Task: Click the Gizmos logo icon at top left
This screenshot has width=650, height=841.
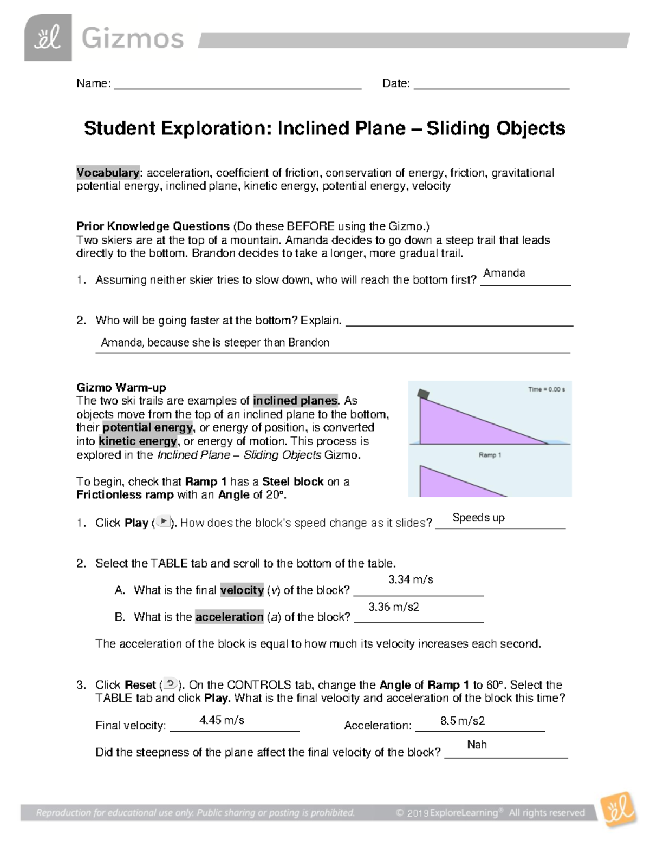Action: [x=48, y=37]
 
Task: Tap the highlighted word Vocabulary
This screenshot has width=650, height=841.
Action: [x=108, y=173]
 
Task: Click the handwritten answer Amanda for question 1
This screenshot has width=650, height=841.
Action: [x=504, y=273]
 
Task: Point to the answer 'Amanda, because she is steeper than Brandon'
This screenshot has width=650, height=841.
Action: [x=215, y=342]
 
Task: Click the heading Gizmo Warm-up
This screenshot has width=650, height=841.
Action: [x=121, y=387]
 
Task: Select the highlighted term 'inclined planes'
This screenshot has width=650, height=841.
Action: [x=295, y=401]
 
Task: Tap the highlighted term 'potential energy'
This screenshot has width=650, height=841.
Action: [x=147, y=427]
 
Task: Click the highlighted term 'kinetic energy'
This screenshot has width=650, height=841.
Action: [x=138, y=441]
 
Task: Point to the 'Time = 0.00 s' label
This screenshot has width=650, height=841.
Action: [x=547, y=389]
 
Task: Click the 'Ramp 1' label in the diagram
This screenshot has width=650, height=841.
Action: [x=490, y=455]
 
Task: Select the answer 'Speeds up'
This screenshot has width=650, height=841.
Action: [x=478, y=518]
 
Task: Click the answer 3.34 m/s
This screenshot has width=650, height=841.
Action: [x=411, y=579]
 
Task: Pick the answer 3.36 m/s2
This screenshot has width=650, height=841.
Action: [x=394, y=607]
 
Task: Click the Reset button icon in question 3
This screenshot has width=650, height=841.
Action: [x=170, y=683]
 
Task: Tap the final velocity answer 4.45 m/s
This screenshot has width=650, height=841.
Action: [x=222, y=720]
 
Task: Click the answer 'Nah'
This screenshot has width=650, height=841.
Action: [x=477, y=745]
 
